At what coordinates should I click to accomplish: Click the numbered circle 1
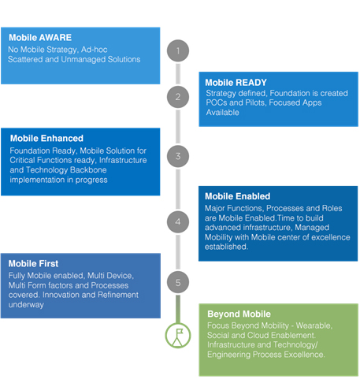pos(178,50)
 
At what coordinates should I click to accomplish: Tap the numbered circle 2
pos(178,97)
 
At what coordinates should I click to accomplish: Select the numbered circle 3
pos(178,156)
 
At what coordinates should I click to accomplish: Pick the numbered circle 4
pos(178,221)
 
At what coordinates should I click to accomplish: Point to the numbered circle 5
pos(178,282)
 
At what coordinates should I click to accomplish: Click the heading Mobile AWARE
pos(40,38)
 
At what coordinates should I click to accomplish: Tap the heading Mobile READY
pos(236,83)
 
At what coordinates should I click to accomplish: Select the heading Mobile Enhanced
pos(46,139)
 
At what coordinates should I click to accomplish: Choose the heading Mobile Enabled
pos(238,196)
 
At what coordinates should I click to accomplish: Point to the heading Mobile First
pos(33,263)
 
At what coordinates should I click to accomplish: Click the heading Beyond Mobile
pos(239,314)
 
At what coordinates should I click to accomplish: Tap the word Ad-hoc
pos(95,50)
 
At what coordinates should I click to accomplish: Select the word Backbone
pos(88,170)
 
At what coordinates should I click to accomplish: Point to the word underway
pos(26,305)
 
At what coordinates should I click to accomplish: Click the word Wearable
pos(314,325)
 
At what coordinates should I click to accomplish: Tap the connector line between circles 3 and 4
pos(178,189)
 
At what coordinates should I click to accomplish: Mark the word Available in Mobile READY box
pos(222,113)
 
